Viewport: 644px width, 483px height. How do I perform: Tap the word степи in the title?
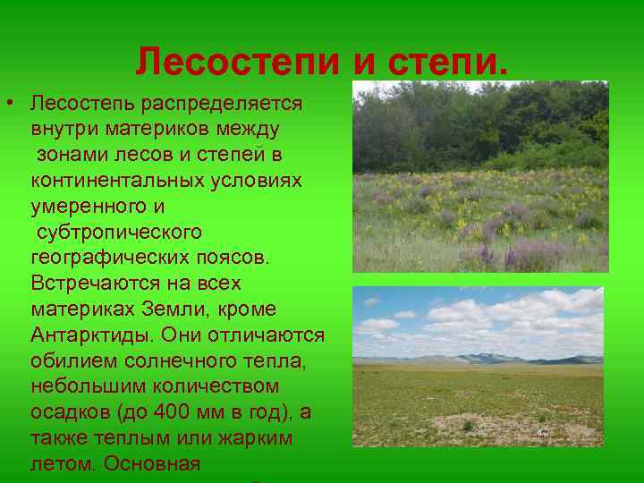(x=449, y=62)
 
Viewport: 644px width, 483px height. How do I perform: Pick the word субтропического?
(x=119, y=233)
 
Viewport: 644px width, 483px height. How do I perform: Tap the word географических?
(x=107, y=258)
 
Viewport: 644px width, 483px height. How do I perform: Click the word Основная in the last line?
(x=153, y=465)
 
